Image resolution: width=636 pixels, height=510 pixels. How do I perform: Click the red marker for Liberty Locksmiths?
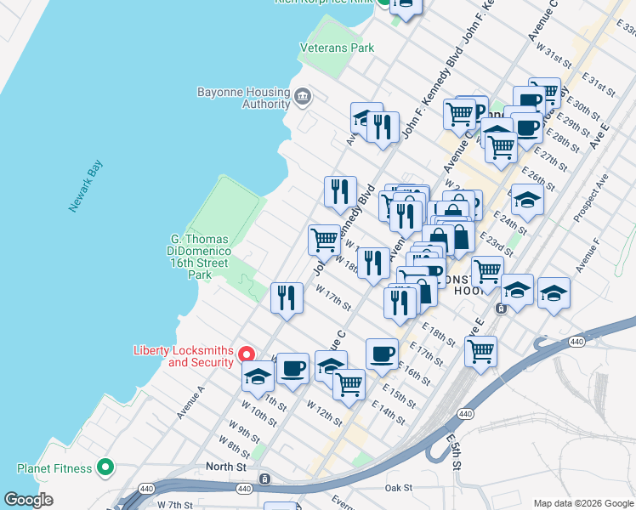247,354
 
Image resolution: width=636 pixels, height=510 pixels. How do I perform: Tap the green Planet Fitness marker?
105,467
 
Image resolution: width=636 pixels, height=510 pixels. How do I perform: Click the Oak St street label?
398,488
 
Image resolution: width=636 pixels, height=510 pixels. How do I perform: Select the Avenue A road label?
190,402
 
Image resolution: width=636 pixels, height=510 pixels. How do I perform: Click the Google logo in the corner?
29,499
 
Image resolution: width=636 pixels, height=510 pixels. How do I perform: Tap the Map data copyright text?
583,503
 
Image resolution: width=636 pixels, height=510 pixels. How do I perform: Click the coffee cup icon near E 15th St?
382,353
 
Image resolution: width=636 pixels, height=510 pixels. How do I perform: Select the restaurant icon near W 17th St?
287,297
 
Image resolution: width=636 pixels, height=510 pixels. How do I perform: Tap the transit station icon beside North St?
264,479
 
